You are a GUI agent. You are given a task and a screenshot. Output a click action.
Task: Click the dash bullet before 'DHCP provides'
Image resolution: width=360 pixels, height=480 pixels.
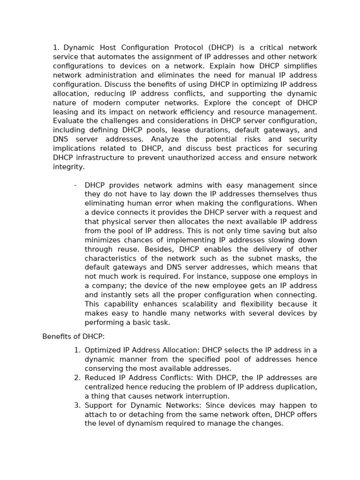coord(75,185)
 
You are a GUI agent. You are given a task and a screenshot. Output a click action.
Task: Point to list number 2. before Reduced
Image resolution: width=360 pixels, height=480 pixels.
coord(77,378)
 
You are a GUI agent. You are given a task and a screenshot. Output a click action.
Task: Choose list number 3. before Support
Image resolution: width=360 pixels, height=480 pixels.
coord(77,405)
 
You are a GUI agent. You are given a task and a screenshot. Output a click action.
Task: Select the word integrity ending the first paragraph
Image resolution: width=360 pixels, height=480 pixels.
coord(68,167)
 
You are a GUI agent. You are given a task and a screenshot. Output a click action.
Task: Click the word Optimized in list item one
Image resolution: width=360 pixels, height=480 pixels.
coord(103,350)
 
